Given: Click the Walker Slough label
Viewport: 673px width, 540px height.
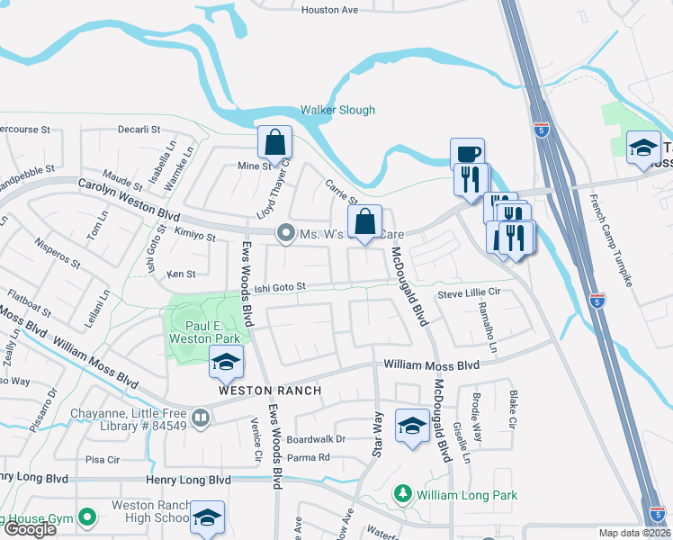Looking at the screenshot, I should pyautogui.click(x=337, y=110).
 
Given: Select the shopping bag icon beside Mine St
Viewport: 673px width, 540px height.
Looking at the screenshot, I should pyautogui.click(x=274, y=143).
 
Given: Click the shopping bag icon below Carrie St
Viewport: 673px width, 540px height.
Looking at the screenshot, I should pyautogui.click(x=364, y=221).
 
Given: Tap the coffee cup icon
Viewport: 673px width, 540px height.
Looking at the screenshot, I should pyautogui.click(x=467, y=153).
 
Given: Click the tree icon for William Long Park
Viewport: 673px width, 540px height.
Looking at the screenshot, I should pyautogui.click(x=403, y=494).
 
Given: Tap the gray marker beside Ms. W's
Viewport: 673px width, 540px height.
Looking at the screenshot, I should pyautogui.click(x=286, y=234).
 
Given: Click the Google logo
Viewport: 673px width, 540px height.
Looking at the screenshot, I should pyautogui.click(x=29, y=529).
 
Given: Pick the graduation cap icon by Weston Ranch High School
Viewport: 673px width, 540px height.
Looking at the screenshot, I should pyautogui.click(x=207, y=517).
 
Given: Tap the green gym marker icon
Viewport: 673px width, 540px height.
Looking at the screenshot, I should pyautogui.click(x=86, y=517).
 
